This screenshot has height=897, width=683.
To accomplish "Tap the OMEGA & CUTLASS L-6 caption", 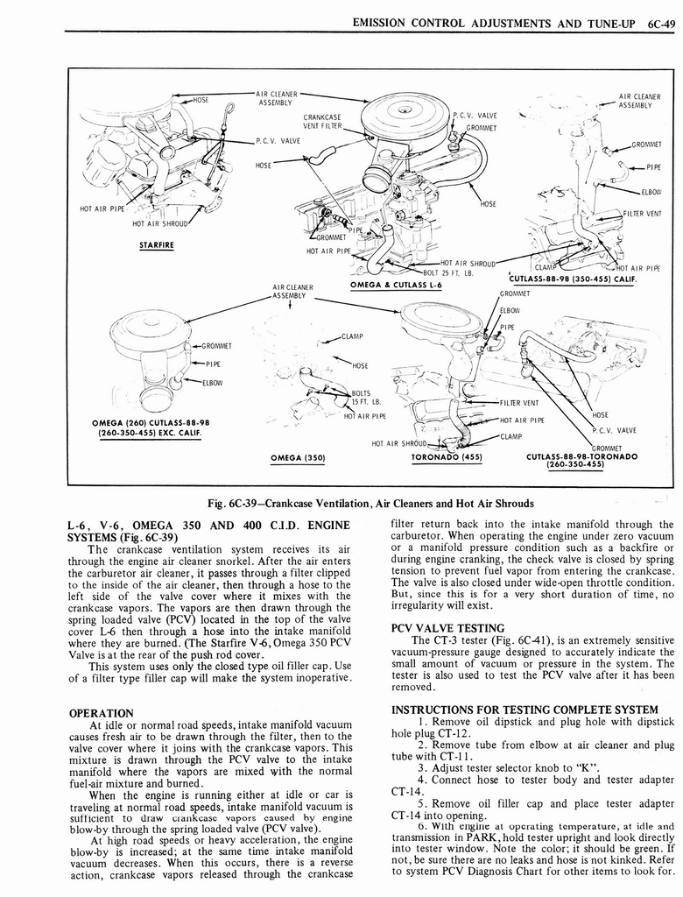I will [396, 284].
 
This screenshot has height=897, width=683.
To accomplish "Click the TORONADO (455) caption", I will [447, 456].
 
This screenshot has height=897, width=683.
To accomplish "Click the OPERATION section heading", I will [101, 713].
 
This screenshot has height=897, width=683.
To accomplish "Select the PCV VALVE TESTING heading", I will [447, 628].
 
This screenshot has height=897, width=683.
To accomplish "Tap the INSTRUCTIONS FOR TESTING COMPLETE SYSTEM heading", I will [524, 709].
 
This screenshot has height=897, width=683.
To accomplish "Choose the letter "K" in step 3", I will [554, 766].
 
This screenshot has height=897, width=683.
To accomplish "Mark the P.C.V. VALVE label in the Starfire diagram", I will [278, 140].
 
